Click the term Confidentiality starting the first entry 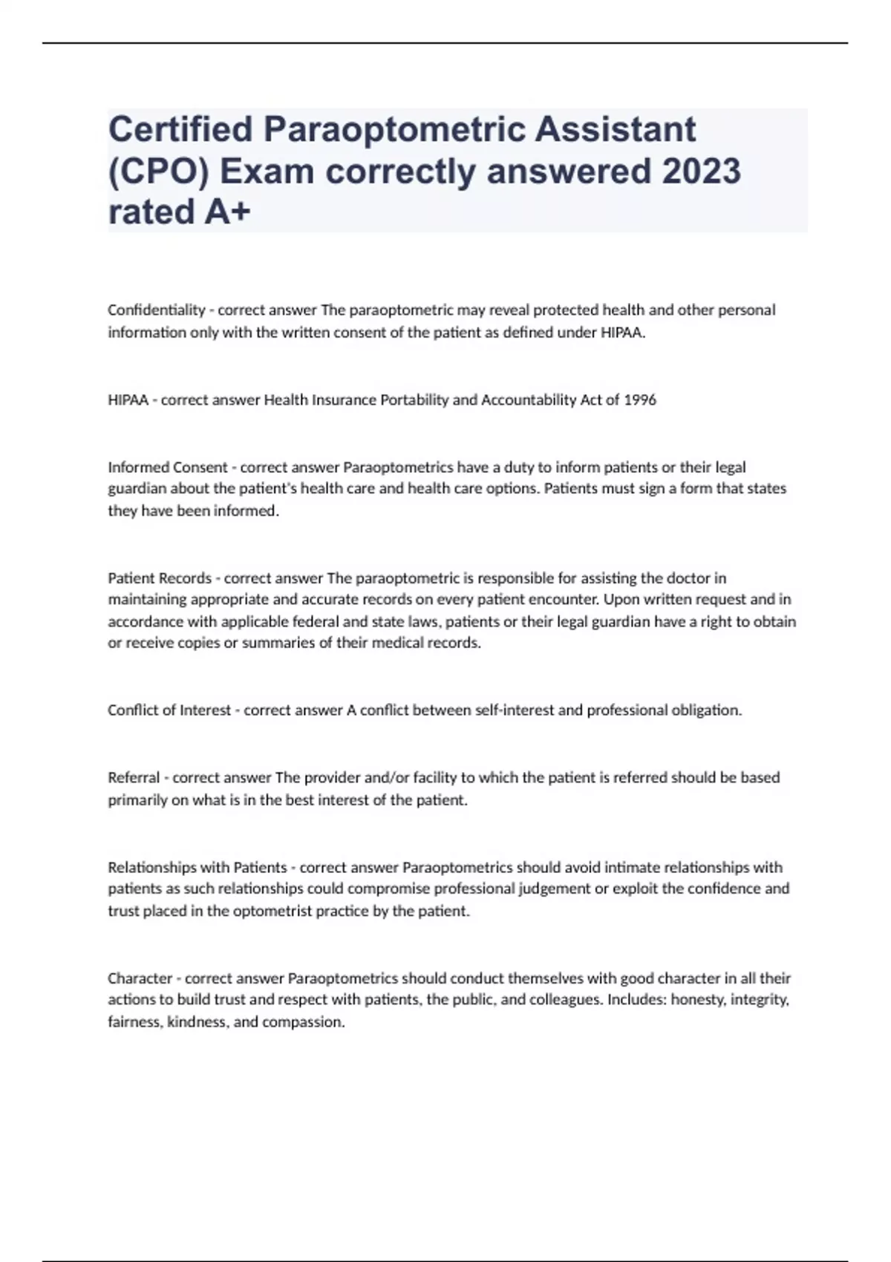pos(156,310)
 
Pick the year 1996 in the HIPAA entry pos(640,400)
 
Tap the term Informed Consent pos(168,467)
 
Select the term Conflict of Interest pos(169,710)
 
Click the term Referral pos(134,777)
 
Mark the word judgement pos(550,889)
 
